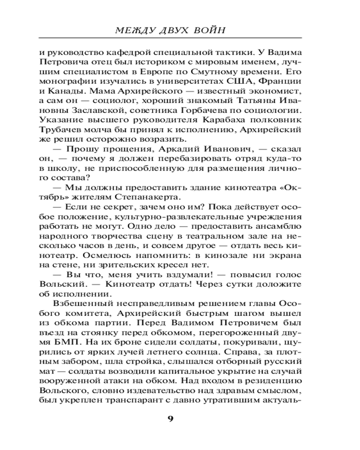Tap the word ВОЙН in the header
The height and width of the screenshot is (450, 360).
click(x=208, y=31)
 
